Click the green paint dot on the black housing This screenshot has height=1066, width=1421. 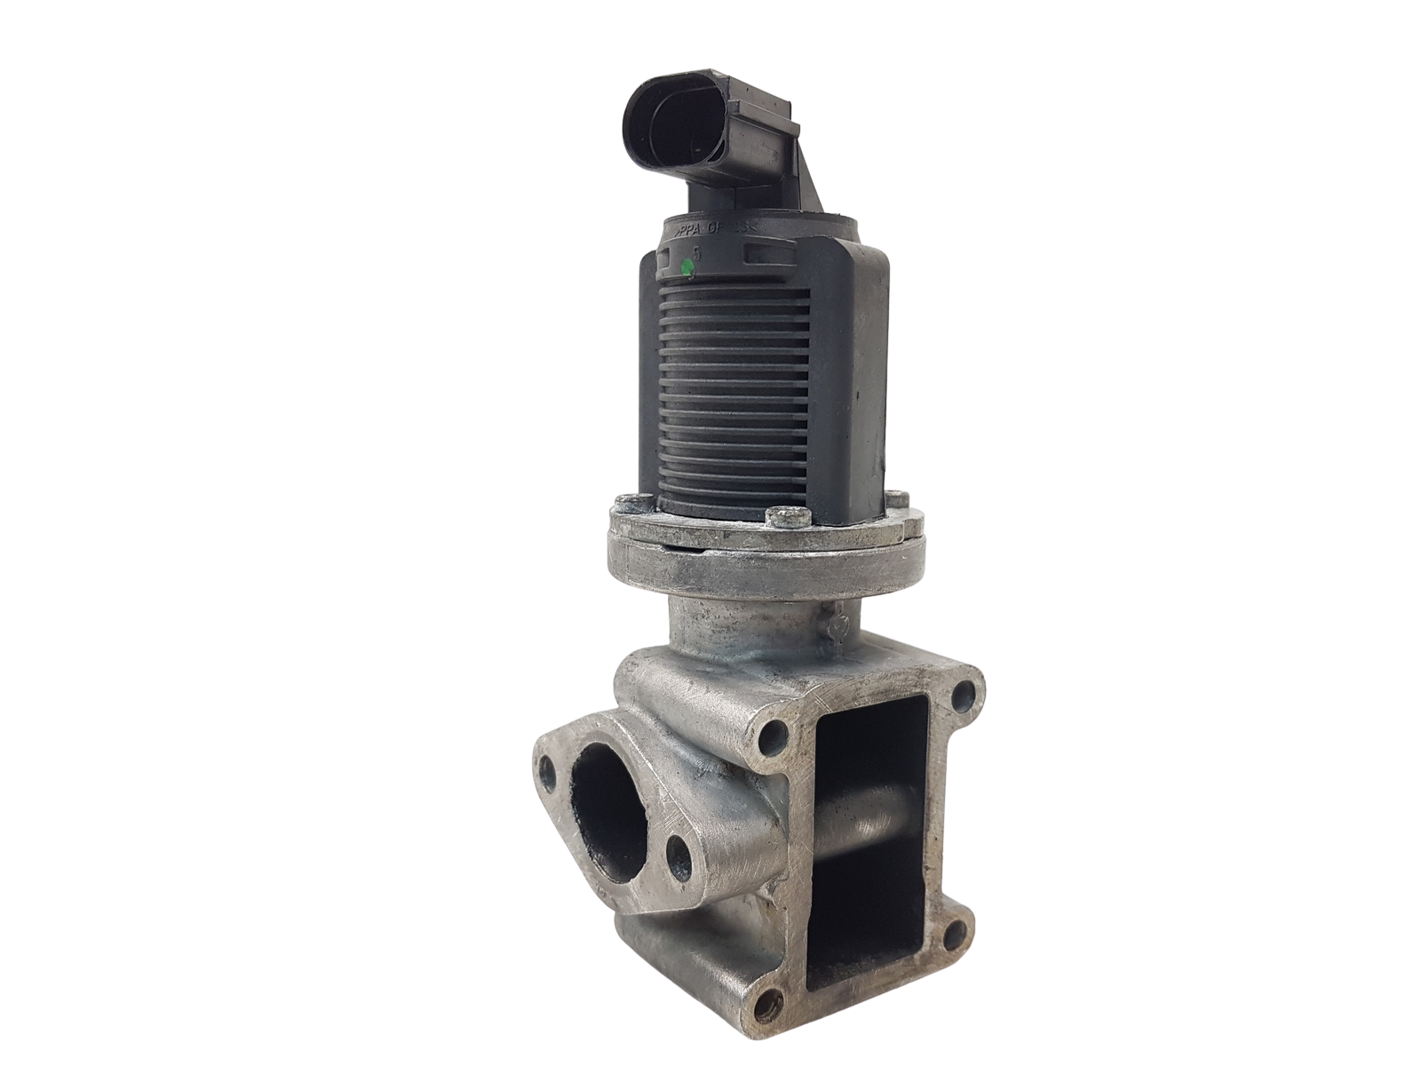[x=686, y=266]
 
